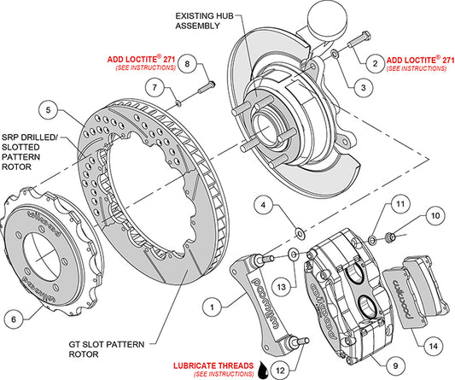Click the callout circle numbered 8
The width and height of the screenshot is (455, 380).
tap(187, 63)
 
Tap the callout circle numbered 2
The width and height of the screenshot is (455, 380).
tap(376, 63)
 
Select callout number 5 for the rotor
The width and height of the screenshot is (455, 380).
tap(49, 110)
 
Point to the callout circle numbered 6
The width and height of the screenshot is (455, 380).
tap(14, 319)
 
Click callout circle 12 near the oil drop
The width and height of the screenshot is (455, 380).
tap(280, 370)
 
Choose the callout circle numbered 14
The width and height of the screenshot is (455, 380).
tap(434, 346)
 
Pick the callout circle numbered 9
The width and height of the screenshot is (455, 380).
tap(396, 366)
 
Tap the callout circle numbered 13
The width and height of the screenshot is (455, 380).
tap(282, 287)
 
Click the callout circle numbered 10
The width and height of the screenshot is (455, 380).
tap(435, 216)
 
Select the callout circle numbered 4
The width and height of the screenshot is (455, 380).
tap(263, 205)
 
